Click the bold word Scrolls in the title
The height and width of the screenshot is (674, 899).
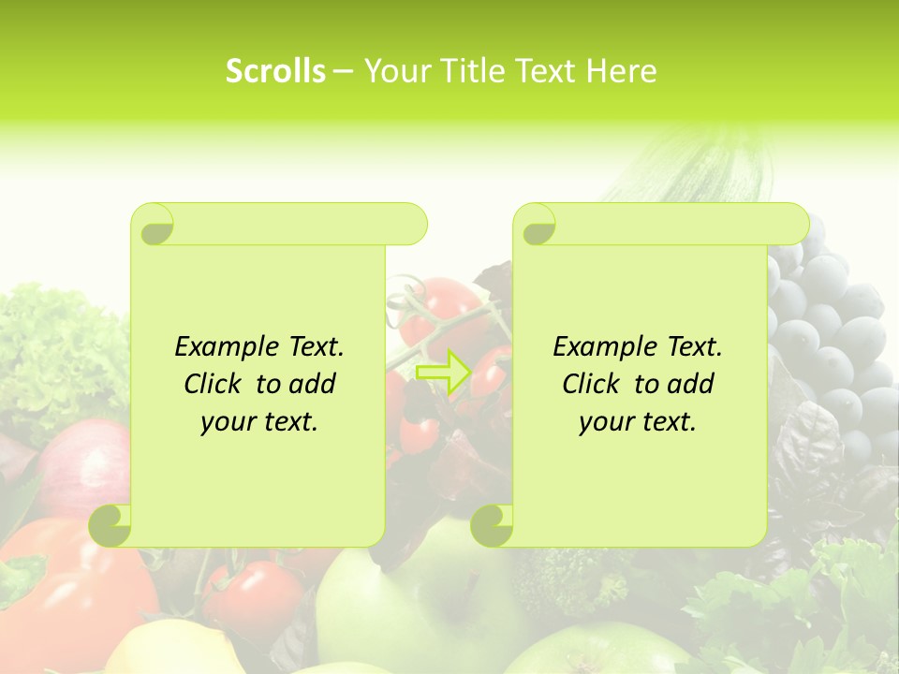275,71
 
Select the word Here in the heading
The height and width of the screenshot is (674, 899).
621,71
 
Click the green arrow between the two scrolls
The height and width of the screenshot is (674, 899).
443,372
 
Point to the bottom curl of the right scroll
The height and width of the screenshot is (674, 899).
492,525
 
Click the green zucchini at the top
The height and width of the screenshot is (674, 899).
693,168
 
